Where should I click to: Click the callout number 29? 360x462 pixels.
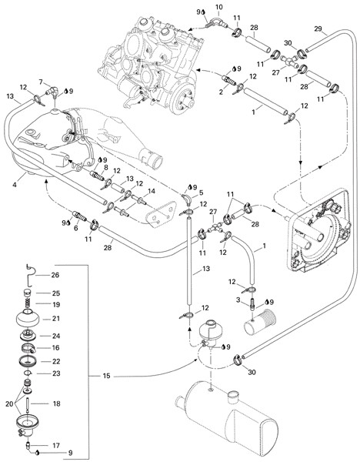click(x=318, y=29)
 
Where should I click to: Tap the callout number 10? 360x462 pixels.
click(x=219, y=7)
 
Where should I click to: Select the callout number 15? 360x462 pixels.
click(x=106, y=376)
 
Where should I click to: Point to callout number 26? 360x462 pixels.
click(x=55, y=275)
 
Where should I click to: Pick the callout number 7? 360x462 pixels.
click(x=41, y=82)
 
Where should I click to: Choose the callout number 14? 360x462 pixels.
click(x=152, y=191)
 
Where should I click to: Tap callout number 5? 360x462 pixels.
click(x=202, y=192)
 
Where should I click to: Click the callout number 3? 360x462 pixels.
click(x=238, y=300)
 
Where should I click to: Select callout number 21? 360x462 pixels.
click(x=56, y=319)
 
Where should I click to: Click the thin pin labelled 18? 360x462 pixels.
click(x=28, y=403)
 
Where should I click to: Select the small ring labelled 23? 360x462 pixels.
click(x=28, y=373)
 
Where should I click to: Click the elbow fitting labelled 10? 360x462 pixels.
click(x=217, y=22)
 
